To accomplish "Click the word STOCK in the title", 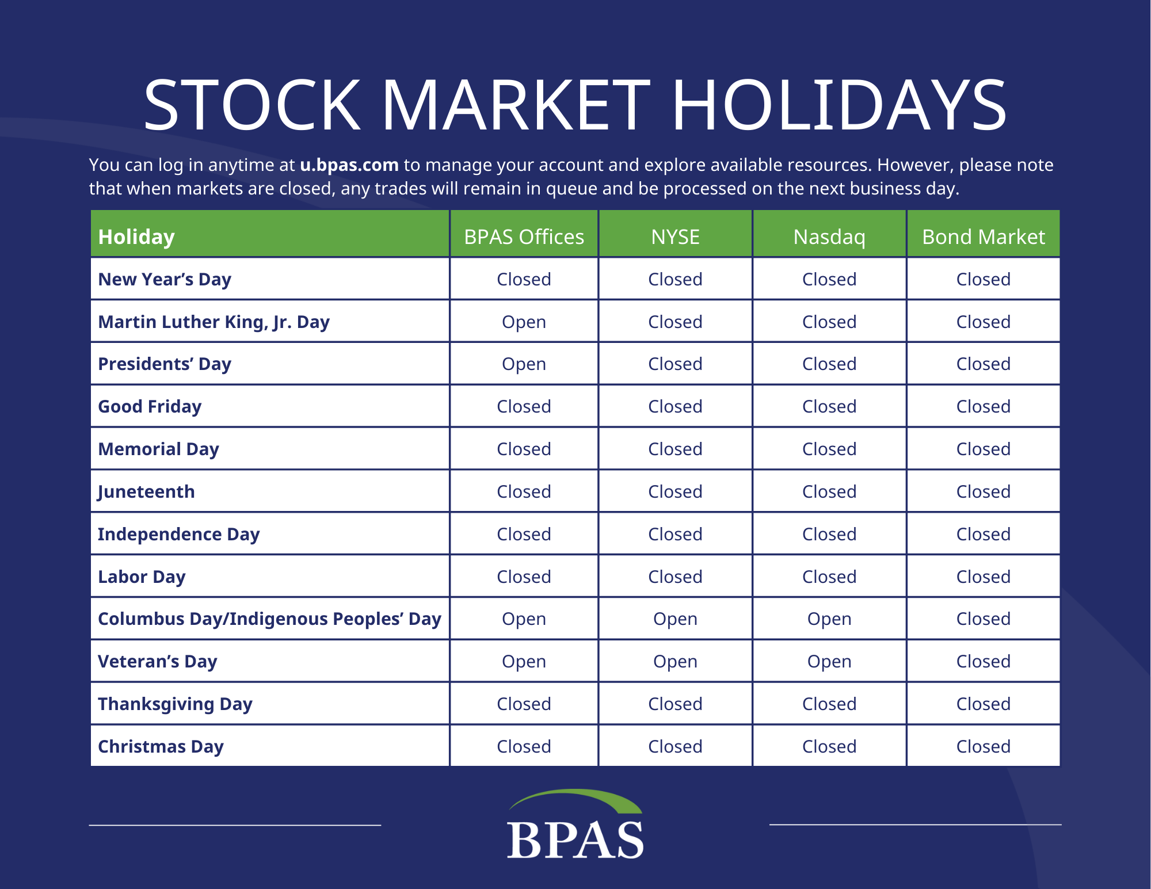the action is [x=252, y=105].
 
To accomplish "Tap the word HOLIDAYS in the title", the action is [x=839, y=105].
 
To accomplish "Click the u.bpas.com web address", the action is [x=349, y=165].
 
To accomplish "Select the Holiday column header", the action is [x=136, y=237].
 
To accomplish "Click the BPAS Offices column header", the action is [x=524, y=237].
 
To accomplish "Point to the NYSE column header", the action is [x=675, y=237].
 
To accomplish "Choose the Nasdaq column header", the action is [x=829, y=237].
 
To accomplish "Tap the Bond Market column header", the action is [x=984, y=237].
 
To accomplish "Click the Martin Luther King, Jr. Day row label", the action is [x=214, y=322].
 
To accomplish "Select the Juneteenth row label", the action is [x=146, y=492].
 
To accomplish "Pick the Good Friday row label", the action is [x=150, y=407].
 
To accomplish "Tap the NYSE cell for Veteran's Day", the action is [x=675, y=662].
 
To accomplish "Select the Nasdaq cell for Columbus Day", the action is [x=829, y=619].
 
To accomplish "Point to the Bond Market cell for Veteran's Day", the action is [x=984, y=662].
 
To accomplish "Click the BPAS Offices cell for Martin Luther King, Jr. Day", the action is [x=524, y=322].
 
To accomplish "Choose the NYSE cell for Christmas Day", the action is [x=675, y=747].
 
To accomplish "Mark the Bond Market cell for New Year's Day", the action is [x=984, y=280].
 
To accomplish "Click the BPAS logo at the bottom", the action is [x=575, y=824].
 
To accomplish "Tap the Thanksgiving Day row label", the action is [x=175, y=704].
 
